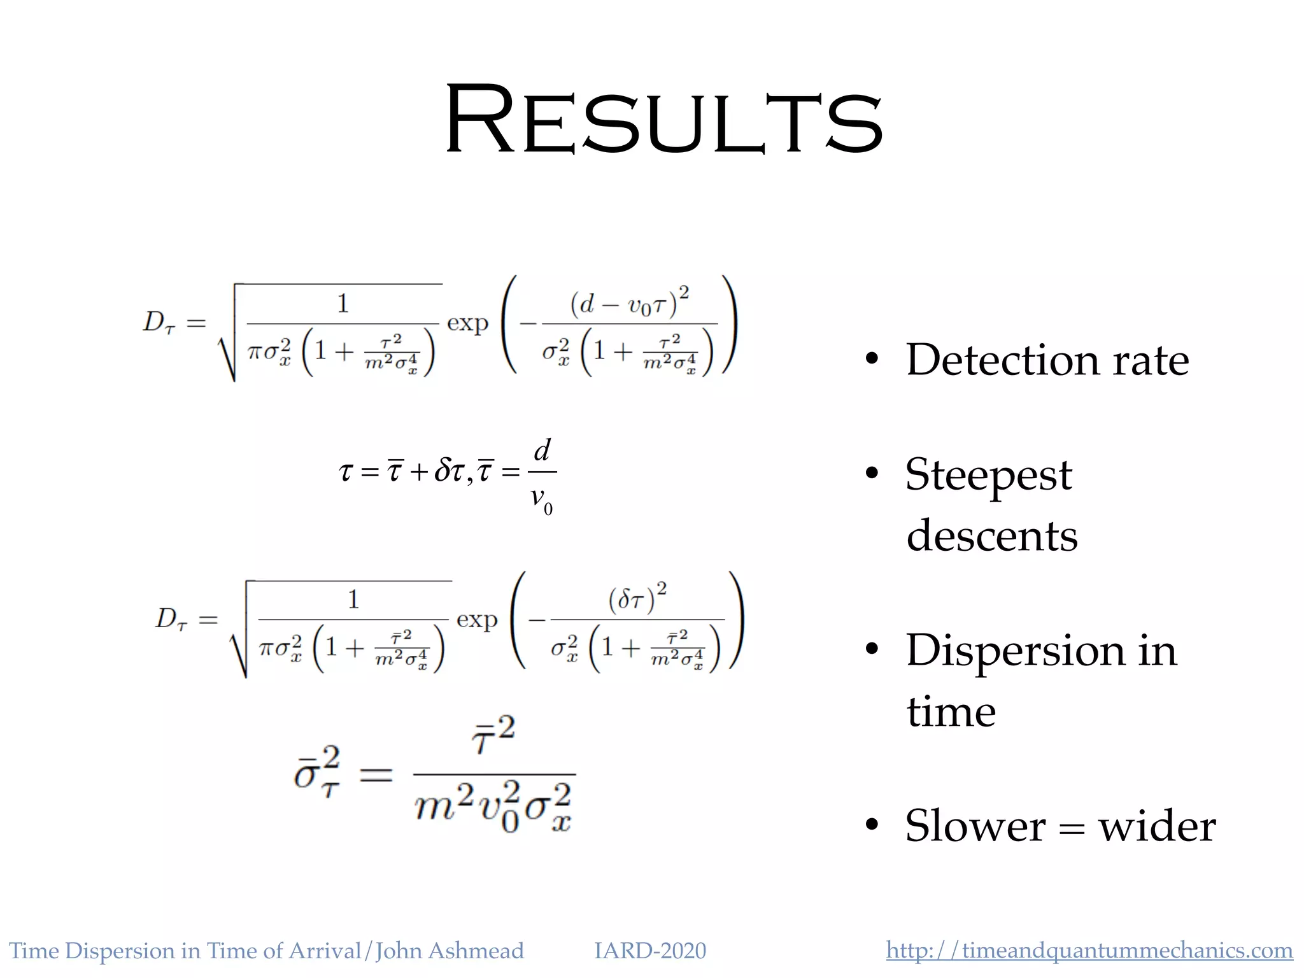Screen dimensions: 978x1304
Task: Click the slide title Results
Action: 664,120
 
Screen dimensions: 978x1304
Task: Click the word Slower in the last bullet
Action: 975,826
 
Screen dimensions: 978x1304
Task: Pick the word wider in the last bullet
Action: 1157,826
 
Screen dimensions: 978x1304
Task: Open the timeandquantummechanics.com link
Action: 1089,951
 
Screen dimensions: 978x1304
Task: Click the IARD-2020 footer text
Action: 650,951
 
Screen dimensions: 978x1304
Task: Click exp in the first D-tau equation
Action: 467,323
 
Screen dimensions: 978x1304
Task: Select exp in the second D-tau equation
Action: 477,620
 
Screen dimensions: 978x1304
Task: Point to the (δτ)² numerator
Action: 637,599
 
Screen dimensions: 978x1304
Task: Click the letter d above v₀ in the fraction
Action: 542,451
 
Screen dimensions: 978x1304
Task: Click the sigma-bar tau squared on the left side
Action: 317,773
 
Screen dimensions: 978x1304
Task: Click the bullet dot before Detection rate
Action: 872,359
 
